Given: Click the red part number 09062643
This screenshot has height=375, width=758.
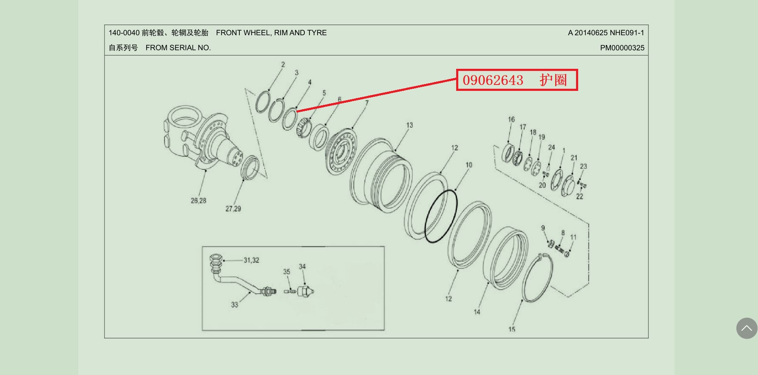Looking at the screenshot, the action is coord(493,80).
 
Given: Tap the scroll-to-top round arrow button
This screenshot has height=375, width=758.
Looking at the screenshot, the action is coord(747,328).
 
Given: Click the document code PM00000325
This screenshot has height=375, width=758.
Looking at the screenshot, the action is coord(622,48).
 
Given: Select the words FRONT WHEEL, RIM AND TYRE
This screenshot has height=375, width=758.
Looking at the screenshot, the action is coord(271,33).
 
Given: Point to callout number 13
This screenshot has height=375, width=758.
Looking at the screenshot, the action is coord(409,125).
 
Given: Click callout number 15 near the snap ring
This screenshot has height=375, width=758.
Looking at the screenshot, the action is coord(512,329).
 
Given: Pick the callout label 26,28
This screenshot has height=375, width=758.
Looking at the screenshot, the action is coord(199,200).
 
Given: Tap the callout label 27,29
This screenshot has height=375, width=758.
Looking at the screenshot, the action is coord(233,209).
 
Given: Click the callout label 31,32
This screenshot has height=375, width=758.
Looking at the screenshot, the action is coord(251,260).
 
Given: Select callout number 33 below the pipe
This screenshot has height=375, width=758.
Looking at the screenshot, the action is coord(235,305).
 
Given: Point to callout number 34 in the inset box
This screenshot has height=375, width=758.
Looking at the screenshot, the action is coord(302,267).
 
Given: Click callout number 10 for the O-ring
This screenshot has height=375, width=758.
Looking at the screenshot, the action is coord(469,165).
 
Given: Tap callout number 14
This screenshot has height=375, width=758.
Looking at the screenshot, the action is coord(477,312).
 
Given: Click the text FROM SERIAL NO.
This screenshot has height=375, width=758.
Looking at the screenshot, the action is coord(178,48).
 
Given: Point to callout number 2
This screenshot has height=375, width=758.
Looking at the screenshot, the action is coord(283,65).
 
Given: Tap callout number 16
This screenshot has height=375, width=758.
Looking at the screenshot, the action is coord(511,119).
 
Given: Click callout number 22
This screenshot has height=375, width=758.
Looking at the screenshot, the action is coord(580,196).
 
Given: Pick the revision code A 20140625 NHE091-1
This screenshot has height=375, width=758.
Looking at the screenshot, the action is coord(606,33).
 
